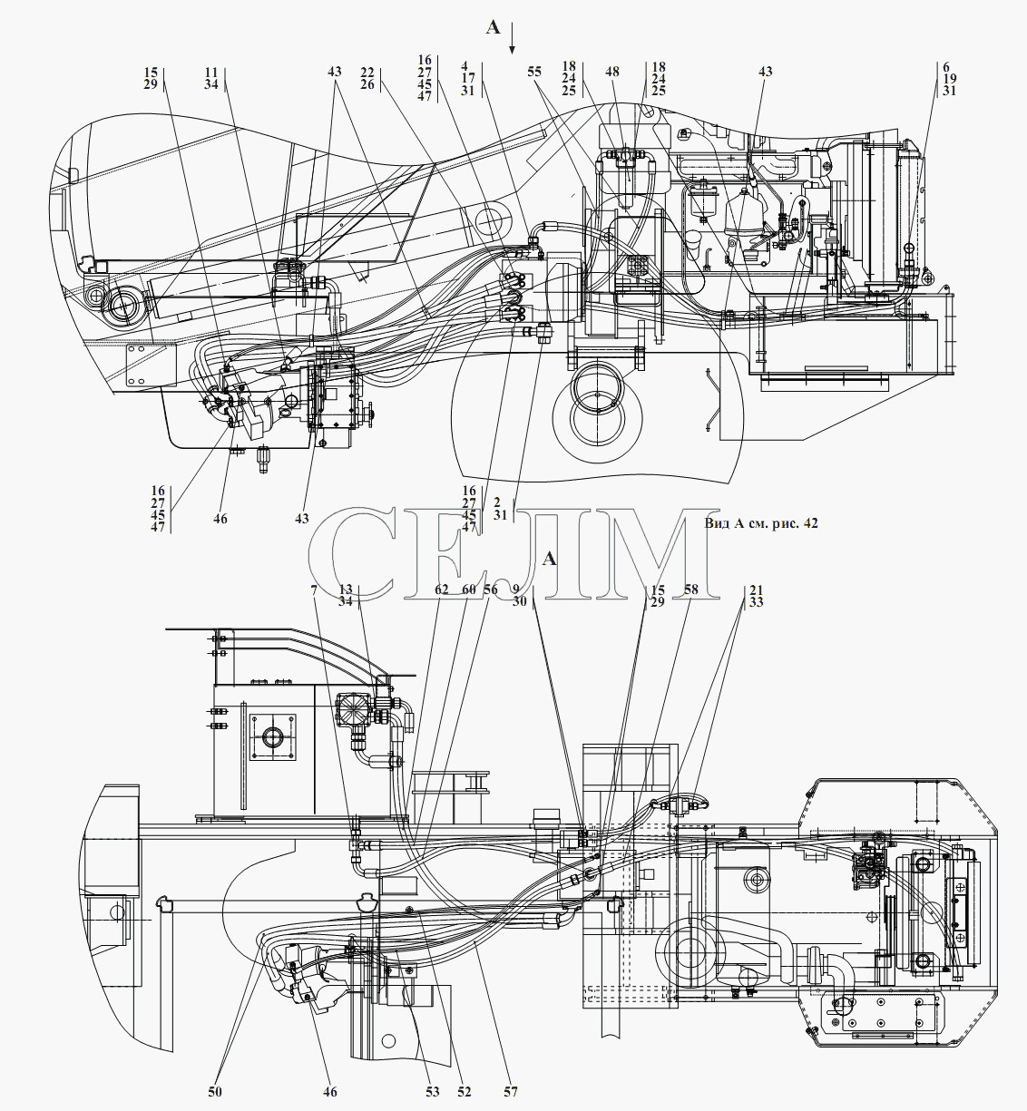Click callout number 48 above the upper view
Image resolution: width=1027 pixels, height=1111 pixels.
point(612,72)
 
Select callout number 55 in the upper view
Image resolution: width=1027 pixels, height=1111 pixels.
point(534,72)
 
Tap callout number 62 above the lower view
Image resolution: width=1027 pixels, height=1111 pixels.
point(442,590)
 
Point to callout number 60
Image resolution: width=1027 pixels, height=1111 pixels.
point(468,590)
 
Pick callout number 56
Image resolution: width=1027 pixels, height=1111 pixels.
point(490,590)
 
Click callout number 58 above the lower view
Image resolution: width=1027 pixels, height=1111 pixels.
point(691,590)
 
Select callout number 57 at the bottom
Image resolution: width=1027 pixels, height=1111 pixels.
point(511,1091)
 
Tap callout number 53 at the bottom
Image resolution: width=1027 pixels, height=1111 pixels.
point(432,1091)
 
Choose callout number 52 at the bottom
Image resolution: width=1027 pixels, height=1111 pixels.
point(464,1091)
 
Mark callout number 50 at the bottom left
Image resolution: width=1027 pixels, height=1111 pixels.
point(215,1091)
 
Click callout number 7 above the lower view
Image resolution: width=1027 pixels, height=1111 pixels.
point(314,590)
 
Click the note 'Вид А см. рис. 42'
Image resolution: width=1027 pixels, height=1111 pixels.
point(760,523)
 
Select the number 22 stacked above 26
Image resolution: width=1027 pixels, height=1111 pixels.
point(367,73)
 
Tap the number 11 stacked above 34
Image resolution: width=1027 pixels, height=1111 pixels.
point(211,73)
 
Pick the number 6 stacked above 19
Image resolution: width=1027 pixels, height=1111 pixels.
point(946,66)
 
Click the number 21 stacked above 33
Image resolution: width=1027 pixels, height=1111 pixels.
point(756,590)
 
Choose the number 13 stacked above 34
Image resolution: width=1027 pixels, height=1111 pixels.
point(346,590)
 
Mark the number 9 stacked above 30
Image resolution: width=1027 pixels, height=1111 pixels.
point(515,590)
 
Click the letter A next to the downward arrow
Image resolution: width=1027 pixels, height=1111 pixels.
point(493,27)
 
